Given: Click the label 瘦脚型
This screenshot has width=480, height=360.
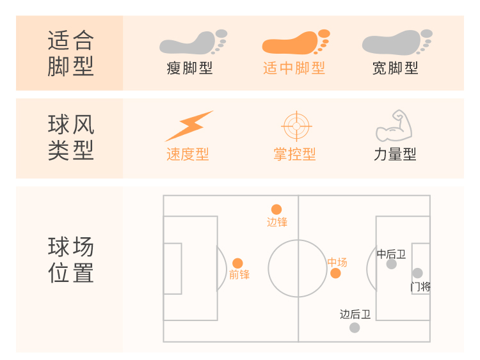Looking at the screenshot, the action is [x=189, y=68].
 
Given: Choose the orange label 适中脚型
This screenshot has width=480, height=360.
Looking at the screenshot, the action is [x=294, y=68].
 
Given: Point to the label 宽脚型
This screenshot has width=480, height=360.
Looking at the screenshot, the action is [x=396, y=68].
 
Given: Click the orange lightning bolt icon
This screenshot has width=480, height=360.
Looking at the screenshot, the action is [x=189, y=126].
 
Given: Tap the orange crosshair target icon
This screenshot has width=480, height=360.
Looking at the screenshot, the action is [x=296, y=126].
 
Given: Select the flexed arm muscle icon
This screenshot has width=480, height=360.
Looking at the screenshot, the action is [x=394, y=126].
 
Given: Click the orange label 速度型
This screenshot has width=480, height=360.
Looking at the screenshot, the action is [x=188, y=154].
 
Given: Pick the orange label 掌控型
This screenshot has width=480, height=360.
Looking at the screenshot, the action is [x=294, y=154].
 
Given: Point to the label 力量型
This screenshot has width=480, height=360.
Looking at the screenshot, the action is [x=395, y=154].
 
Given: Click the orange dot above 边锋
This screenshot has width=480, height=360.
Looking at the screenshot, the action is [x=276, y=209].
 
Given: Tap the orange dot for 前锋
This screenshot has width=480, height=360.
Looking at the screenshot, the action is [x=237, y=263].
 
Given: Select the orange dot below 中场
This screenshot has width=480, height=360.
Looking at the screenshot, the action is [x=335, y=274].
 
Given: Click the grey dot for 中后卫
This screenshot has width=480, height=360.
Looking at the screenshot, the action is [x=392, y=264].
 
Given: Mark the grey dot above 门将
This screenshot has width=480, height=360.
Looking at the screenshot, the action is [x=417, y=273].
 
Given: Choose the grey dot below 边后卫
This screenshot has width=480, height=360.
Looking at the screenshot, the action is [x=355, y=327].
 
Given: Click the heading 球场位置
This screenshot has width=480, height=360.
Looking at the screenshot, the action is [x=70, y=260].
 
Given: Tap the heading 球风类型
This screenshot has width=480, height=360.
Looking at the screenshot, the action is [x=70, y=137].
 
